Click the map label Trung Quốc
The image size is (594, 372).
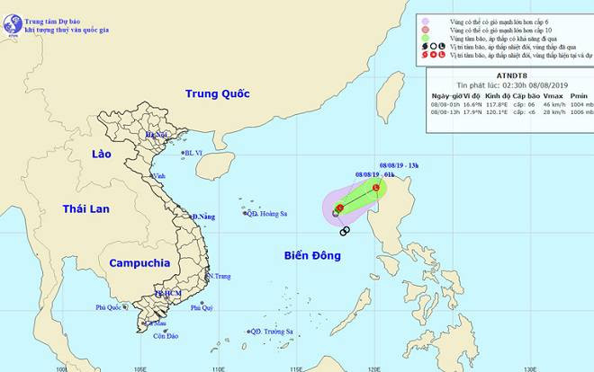215,93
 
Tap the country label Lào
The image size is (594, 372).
101,155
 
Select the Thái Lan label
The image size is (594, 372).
85,208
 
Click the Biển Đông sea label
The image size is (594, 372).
310,256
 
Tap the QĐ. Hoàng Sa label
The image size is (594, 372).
267,214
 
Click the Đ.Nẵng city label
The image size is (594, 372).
203,217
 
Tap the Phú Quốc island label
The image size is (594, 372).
111,307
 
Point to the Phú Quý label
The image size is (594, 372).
202,307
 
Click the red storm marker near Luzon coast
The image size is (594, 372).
376,187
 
